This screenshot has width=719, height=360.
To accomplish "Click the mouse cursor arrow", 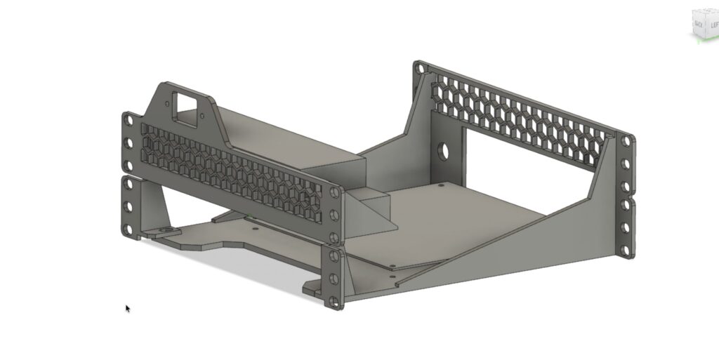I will point(128,308).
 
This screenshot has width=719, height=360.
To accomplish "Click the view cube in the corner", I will point(704,25).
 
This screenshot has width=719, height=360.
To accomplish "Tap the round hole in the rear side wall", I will point(444,151).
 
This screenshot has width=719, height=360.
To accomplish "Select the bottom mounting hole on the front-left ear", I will point(128,229).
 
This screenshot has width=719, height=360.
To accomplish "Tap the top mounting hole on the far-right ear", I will point(624,142).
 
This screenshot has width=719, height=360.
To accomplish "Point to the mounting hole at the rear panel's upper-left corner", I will point(419,70).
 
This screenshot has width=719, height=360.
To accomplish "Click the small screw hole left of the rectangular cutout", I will point(167,105).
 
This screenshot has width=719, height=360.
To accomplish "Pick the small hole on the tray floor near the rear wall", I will point(440,186).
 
